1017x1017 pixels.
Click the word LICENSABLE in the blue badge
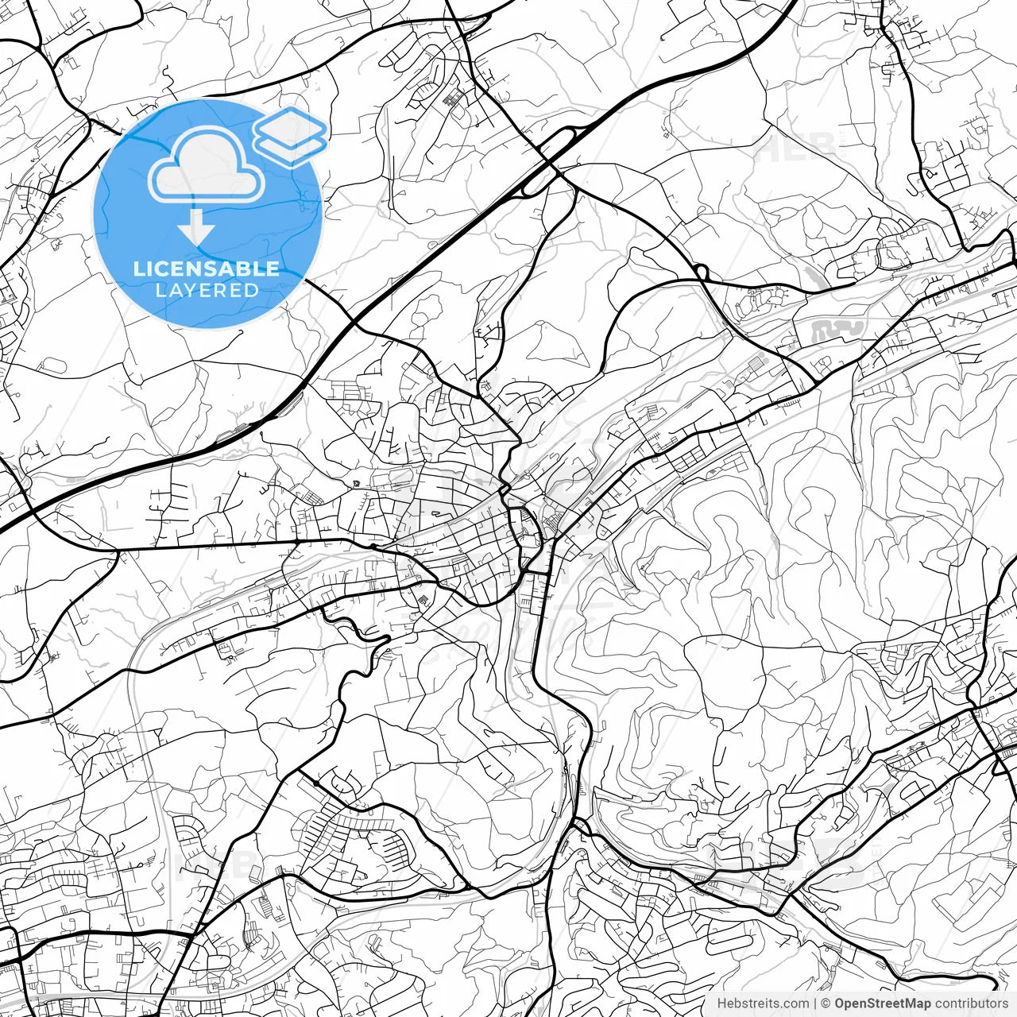207,269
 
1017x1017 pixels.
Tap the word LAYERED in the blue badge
207,290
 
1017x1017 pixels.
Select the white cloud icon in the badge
207,165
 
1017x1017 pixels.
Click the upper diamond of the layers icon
290,125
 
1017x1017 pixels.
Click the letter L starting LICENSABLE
138,269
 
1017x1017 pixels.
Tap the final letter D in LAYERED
253,290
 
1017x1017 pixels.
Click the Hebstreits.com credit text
763,1003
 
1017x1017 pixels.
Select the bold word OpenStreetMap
883,1003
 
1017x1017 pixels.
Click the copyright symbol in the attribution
826,1003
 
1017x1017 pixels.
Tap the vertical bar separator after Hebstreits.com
815,1003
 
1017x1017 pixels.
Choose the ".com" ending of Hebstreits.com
795,1003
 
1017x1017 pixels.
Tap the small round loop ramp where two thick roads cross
701,273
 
